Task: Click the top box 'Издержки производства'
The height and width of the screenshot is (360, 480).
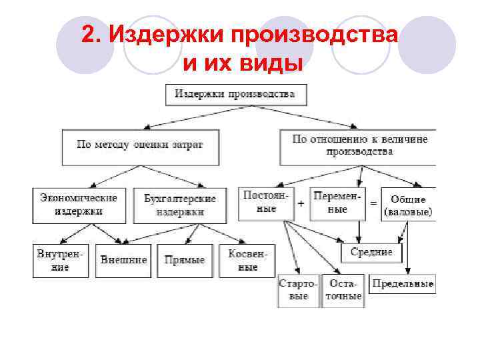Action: pos(235,94)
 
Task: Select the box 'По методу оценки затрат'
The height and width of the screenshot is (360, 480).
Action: pos(140,146)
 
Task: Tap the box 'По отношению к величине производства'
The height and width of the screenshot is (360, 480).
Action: pos(359,146)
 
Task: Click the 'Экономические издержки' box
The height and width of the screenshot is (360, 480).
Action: pos(79,205)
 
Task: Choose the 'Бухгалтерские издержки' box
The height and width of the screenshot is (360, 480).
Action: pos(180,205)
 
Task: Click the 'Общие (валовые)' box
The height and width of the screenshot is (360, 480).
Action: pos(408,205)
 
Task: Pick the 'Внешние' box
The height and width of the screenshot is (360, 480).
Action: pos(123,260)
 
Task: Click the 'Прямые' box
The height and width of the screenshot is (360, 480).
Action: pos(185,260)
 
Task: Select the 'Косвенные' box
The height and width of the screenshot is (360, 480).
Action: pos(247,260)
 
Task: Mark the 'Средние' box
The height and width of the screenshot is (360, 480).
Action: pos(371,253)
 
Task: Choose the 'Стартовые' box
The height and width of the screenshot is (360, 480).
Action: pos(298,290)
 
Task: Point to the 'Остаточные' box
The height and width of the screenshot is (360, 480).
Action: pos(343,290)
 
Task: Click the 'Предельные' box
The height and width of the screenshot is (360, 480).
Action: pos(402,284)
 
